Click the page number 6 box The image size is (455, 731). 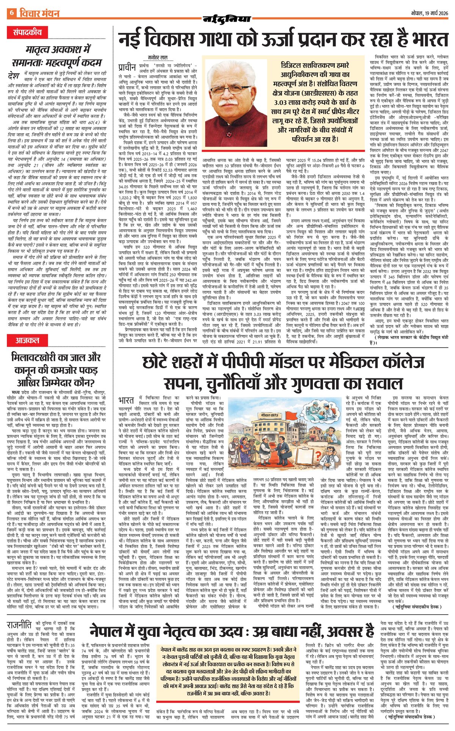(x=11, y=14)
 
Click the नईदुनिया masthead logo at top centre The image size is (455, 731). (x=227, y=19)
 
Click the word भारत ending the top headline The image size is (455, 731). (x=426, y=39)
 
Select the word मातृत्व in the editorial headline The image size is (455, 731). (x=41, y=50)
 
